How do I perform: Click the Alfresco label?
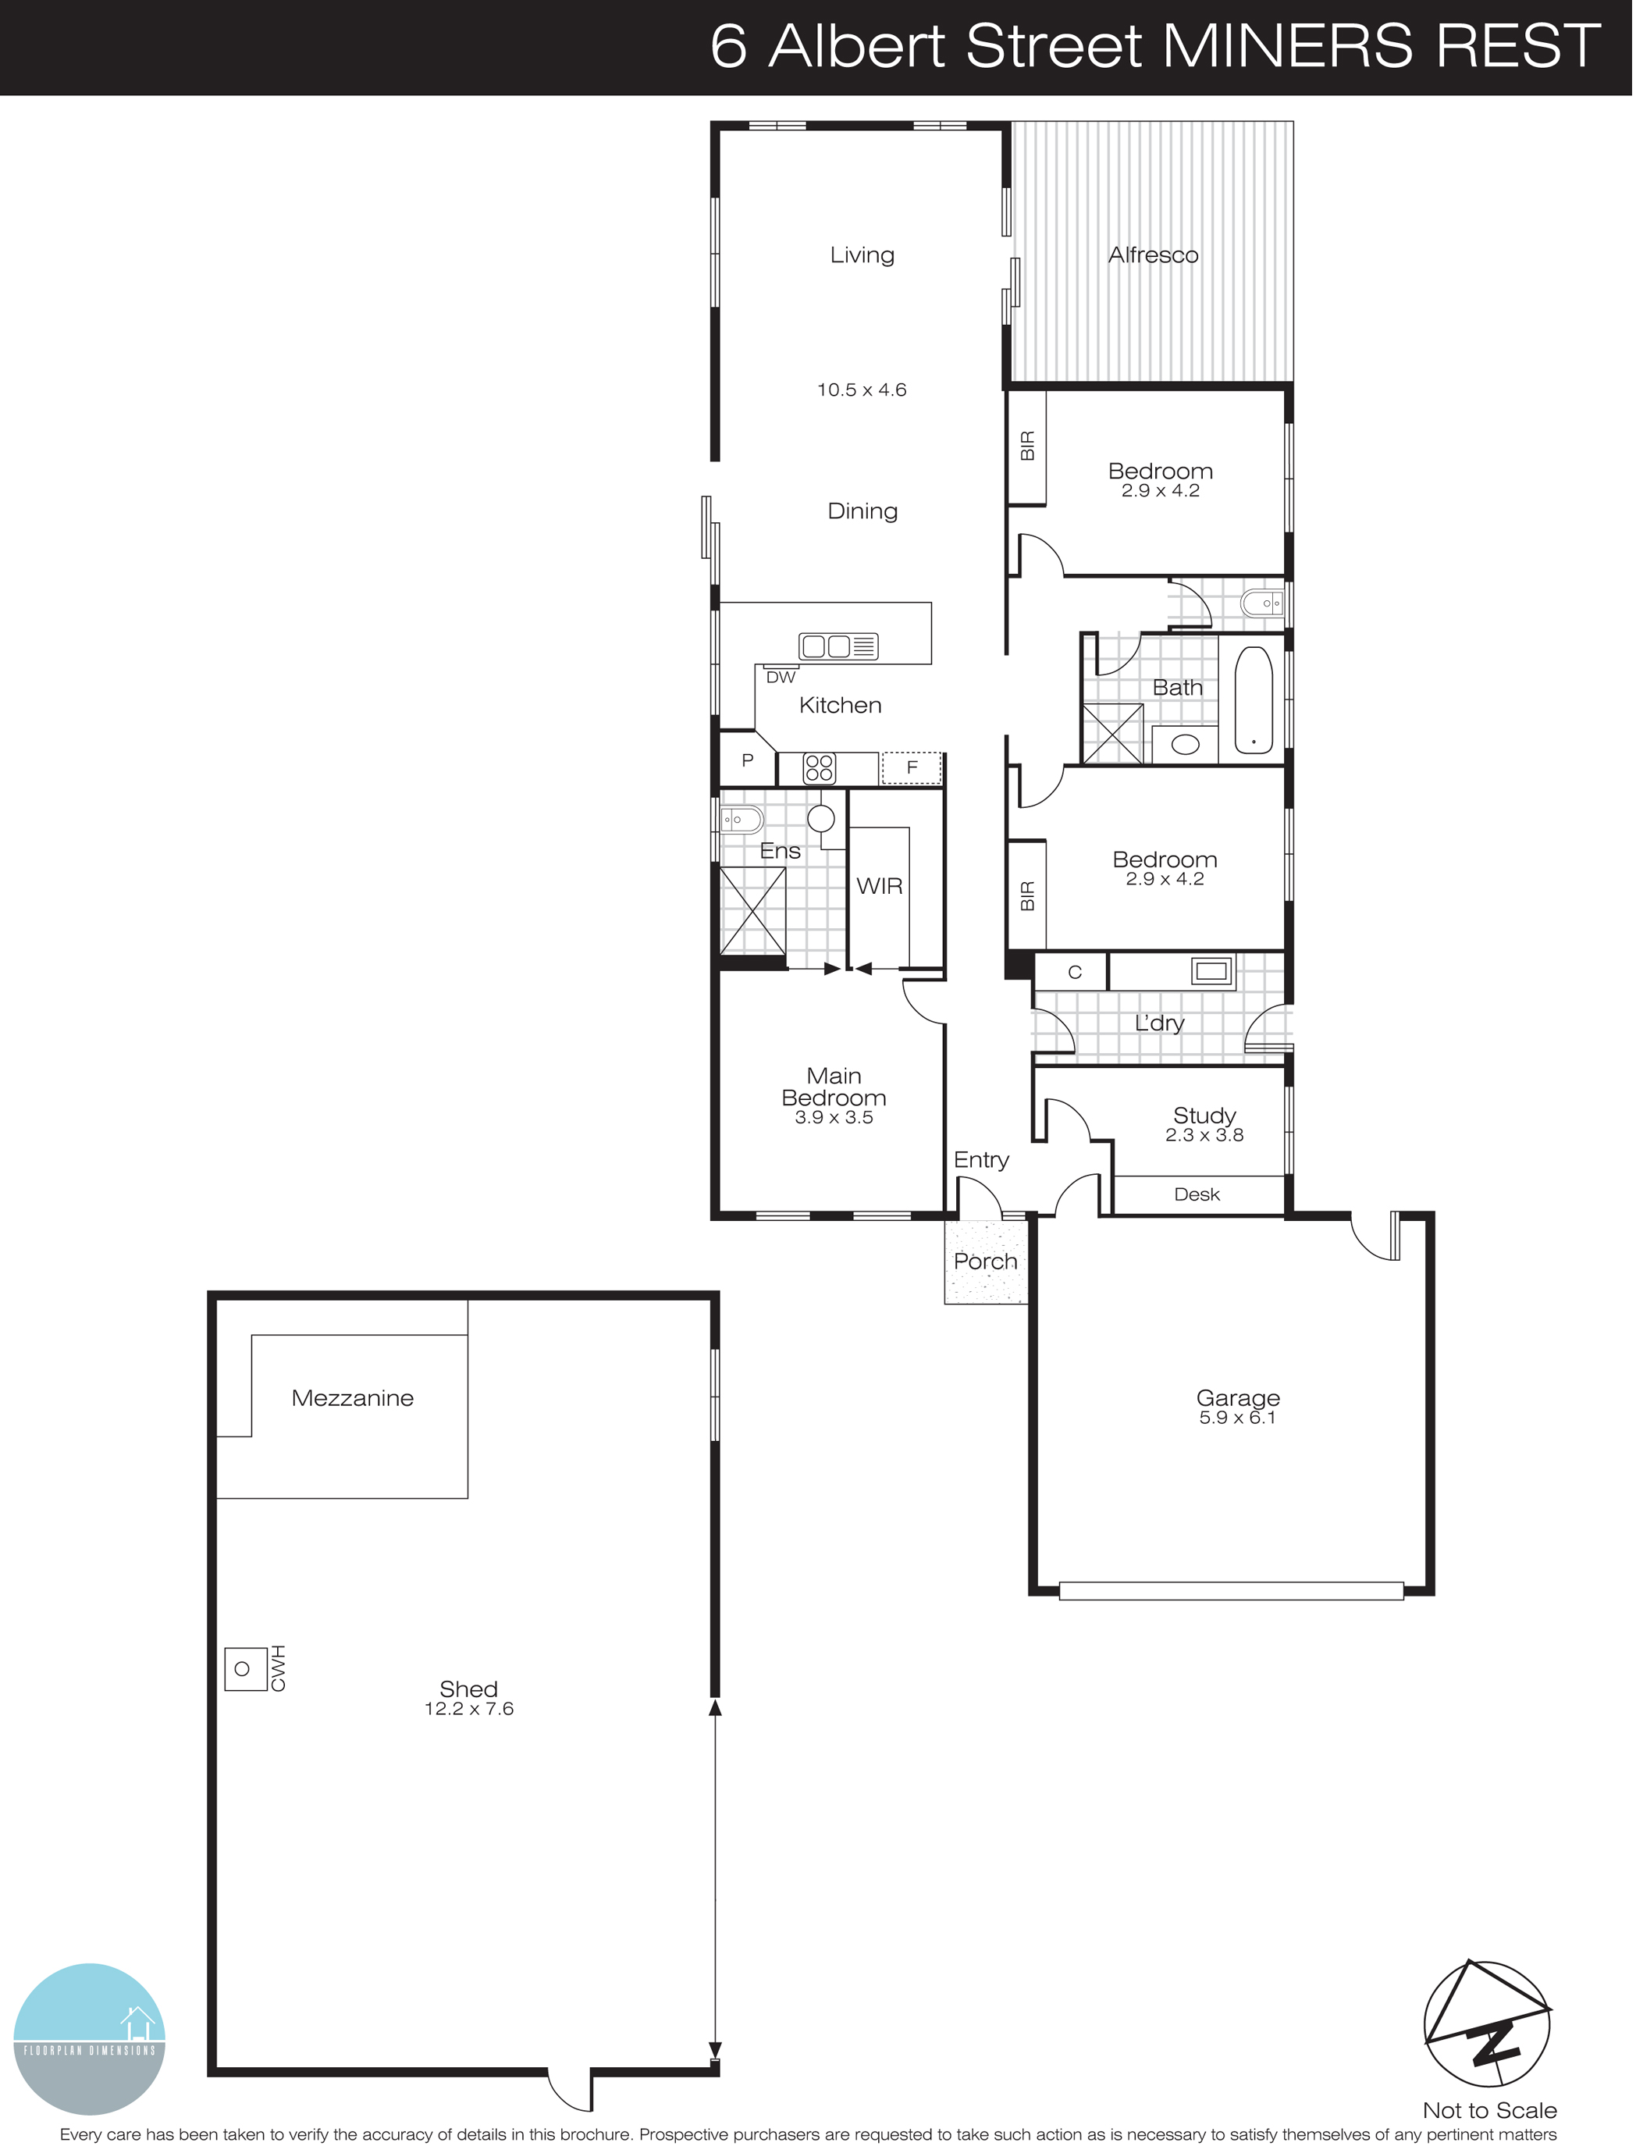(1153, 255)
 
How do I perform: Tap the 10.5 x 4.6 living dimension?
(861, 390)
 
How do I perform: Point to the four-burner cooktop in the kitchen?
(819, 768)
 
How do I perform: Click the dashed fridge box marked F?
(912, 767)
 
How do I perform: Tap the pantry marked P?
(747, 760)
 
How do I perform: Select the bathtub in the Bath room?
(1254, 700)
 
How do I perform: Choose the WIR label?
(880, 886)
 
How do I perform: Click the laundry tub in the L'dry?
(1212, 971)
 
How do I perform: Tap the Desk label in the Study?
(1197, 1194)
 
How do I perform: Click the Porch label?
(986, 1262)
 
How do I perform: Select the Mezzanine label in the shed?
(353, 1398)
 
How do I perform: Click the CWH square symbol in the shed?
(244, 1669)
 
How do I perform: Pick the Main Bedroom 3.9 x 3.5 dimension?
(834, 1118)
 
